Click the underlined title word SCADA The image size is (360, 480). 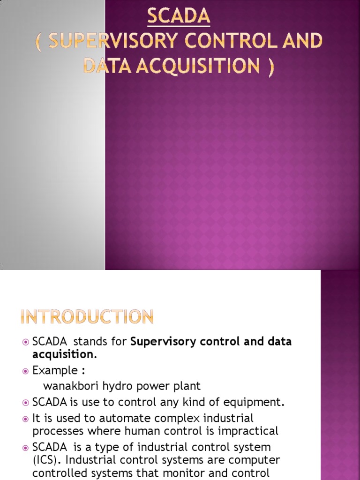pyautogui.click(x=179, y=17)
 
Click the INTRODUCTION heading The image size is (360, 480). pyautogui.click(x=87, y=317)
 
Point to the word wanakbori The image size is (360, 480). pyautogui.click(x=66, y=386)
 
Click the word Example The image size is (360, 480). pyautogui.click(x=55, y=370)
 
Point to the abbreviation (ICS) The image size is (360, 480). pyautogui.click(x=45, y=460)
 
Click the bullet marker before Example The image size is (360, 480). pyautogui.click(x=26, y=371)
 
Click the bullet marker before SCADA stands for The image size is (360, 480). pyautogui.click(x=26, y=342)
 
